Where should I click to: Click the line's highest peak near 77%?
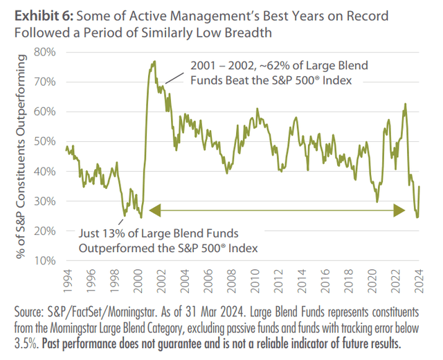coord(154,61)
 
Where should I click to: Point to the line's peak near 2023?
coord(405,105)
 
